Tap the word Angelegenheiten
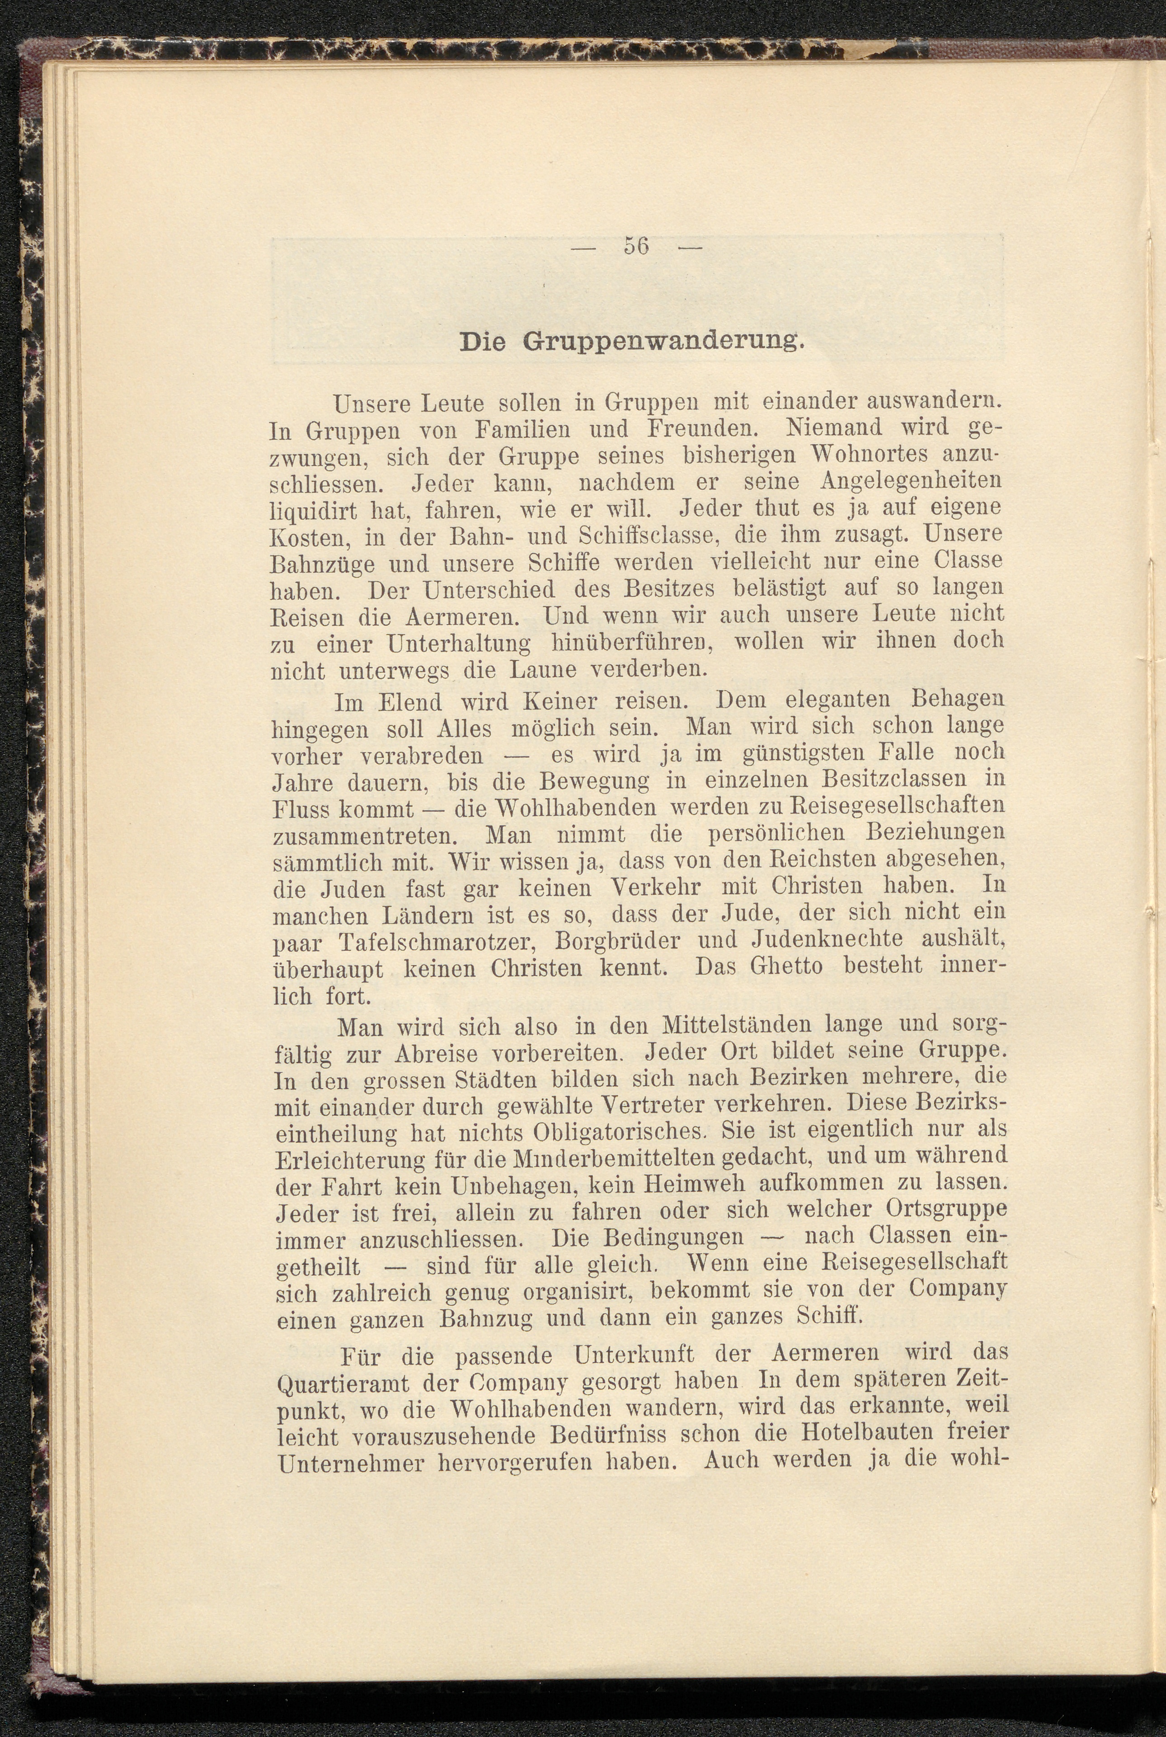tap(911, 481)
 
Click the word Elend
tap(410, 702)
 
